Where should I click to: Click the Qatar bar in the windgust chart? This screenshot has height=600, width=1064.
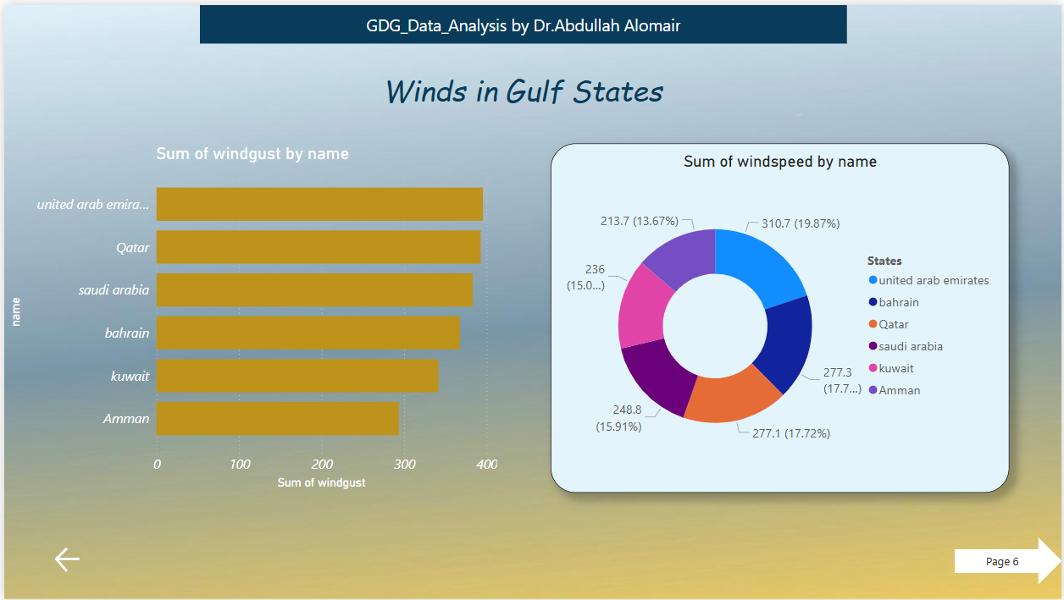[x=318, y=247]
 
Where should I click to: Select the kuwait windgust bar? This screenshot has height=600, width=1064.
[x=296, y=376]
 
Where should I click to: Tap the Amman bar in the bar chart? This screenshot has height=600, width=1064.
[x=277, y=419]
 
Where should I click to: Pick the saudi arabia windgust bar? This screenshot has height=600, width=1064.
[x=313, y=290]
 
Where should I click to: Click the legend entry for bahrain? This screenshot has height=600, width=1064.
[x=898, y=302]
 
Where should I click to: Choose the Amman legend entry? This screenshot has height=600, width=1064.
[x=899, y=390]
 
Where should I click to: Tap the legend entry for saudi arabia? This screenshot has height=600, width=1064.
[x=910, y=346]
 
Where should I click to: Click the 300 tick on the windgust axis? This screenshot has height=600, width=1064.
[x=405, y=465]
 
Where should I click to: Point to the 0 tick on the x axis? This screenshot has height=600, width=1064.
[x=157, y=465]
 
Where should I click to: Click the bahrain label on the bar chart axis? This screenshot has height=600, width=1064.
[x=127, y=333]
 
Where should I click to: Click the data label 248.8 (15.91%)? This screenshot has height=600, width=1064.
[x=618, y=418]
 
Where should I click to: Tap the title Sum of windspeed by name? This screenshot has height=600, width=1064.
[x=779, y=162]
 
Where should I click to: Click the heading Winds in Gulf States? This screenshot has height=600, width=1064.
[x=524, y=91]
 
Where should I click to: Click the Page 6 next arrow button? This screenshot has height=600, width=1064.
[x=1006, y=561]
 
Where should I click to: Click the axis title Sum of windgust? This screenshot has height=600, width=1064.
[x=321, y=482]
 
